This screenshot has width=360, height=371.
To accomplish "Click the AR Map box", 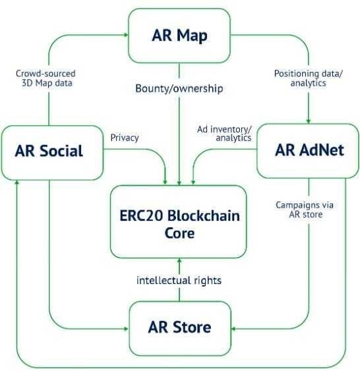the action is tap(179, 36).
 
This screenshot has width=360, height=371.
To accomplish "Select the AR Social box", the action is tap(52, 153).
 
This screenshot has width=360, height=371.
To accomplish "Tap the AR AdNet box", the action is tap(308, 151).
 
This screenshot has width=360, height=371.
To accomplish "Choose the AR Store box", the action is tap(180, 328).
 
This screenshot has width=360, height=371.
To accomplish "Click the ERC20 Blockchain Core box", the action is tap(179, 221).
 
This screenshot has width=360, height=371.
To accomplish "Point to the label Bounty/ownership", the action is tap(179, 89).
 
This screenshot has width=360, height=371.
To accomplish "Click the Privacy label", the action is tap(125, 138).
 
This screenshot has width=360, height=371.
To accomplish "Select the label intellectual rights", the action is tap(179, 280).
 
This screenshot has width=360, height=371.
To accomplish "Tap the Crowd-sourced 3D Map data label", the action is tap(46, 78).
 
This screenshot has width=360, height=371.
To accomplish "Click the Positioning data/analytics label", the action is tap(309, 78).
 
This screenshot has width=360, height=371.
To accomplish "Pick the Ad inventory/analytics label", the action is tap(225, 134).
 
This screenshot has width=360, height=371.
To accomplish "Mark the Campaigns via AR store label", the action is tap(305, 210).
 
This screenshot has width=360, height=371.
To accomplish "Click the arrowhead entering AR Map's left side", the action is tap(126, 35).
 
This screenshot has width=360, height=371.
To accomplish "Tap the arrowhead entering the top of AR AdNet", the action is tap(309, 121).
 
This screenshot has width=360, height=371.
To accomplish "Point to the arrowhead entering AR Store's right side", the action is tap(233, 329).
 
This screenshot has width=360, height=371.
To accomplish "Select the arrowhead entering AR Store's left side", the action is tap(127, 329).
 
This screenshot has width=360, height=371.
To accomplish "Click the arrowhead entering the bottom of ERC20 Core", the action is tap(179, 260).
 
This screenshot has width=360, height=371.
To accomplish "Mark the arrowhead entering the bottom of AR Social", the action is tap(16, 183).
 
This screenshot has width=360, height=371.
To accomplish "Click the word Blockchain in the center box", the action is tap(203, 215).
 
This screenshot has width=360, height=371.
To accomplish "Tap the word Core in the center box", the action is tap(179, 233).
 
